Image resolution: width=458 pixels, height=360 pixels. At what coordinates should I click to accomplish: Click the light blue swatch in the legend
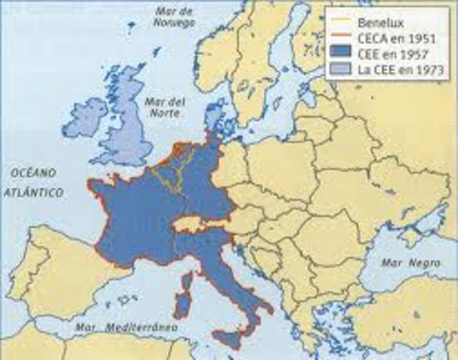(336, 70)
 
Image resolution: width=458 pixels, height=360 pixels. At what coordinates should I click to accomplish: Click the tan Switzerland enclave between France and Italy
(187, 223)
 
